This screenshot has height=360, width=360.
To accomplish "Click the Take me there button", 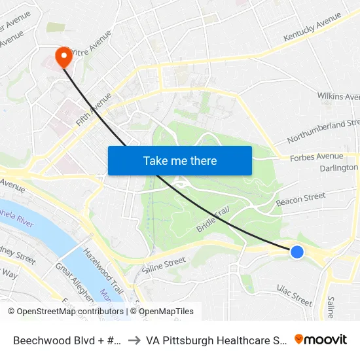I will click(x=180, y=160).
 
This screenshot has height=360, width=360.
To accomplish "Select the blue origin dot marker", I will click(x=297, y=251).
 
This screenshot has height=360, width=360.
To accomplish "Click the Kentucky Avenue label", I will click(x=312, y=32).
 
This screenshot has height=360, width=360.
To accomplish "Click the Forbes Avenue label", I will click(x=317, y=156).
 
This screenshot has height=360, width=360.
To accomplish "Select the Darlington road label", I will click(x=339, y=168).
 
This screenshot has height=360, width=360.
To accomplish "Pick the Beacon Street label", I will click(x=300, y=199).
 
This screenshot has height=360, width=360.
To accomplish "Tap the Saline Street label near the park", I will click(x=164, y=264).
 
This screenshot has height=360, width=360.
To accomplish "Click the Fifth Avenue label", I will click(x=94, y=109).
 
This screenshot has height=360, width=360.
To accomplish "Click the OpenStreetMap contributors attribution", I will click(x=67, y=312).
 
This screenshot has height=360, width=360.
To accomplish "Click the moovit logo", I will click(x=321, y=339).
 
